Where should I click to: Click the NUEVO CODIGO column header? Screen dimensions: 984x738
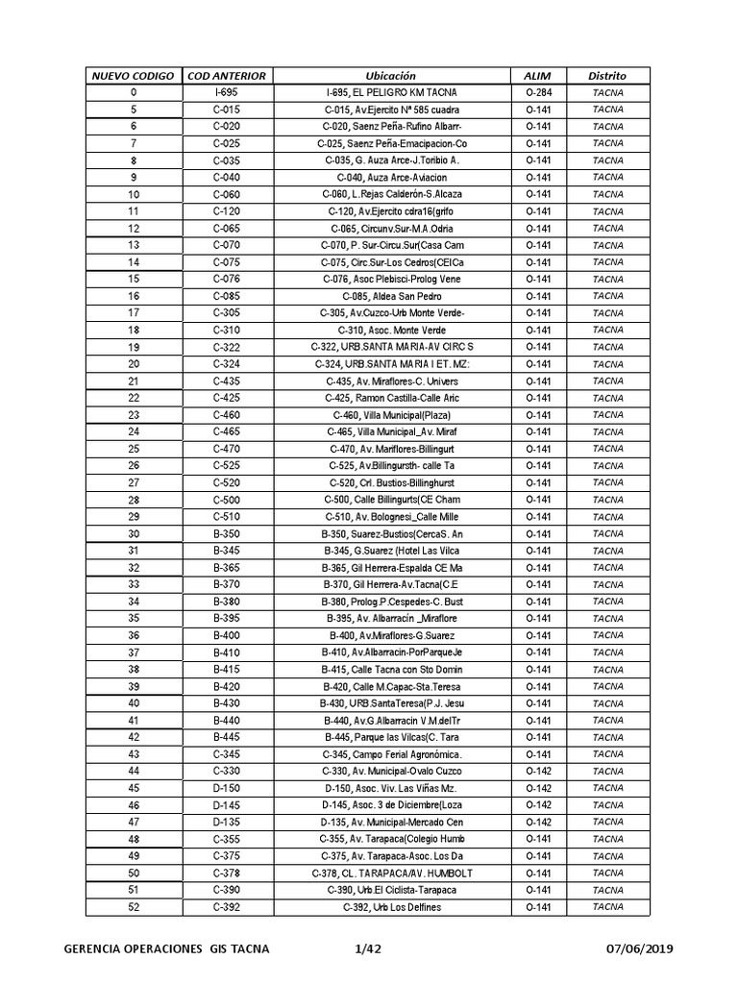(133, 75)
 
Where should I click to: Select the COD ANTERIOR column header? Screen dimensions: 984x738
(227, 75)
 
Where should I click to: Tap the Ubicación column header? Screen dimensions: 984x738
(391, 75)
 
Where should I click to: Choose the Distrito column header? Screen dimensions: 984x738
(607, 75)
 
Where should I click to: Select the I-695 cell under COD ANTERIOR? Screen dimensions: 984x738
(227, 92)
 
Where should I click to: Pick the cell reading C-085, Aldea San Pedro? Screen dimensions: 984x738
(391, 296)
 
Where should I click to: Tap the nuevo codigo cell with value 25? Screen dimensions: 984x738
(134, 449)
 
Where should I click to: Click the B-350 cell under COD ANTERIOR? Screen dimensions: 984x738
(227, 534)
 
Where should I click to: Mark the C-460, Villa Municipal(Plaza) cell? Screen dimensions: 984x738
(391, 415)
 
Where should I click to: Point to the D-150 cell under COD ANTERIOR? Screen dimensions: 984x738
(227, 789)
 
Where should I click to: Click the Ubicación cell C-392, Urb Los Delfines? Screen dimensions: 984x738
(391, 907)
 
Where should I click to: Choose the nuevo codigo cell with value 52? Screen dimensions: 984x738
(134, 907)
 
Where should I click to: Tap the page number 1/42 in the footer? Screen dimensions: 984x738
(369, 949)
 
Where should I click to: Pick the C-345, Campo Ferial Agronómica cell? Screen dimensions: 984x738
(391, 754)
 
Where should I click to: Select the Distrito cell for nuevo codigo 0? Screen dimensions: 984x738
(607, 92)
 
